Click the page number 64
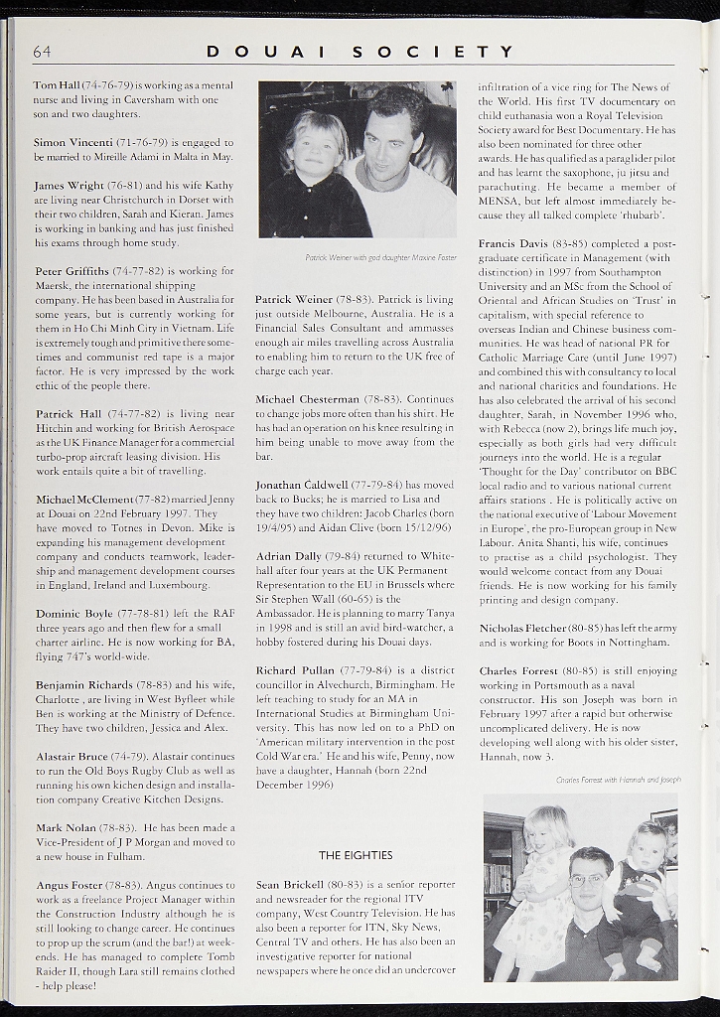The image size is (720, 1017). click(42, 52)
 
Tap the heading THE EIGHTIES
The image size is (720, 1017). click(356, 855)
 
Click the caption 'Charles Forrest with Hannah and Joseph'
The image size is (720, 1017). click(618, 781)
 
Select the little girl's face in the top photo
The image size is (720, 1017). click(316, 149)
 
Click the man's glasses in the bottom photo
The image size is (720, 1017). click(588, 879)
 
